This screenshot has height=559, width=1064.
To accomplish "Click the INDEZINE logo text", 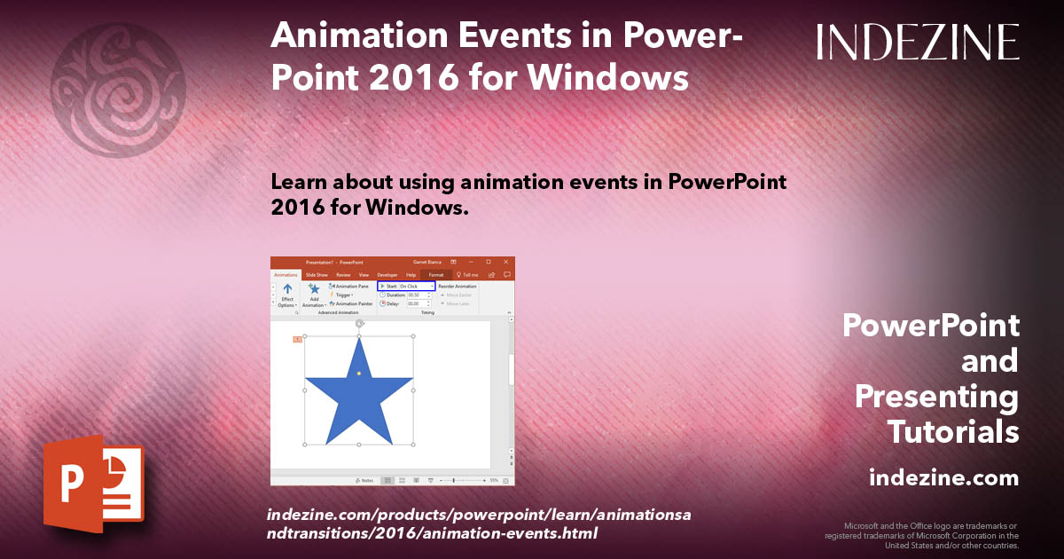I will tap(918, 42).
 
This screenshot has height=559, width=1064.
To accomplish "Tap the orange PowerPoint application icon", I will tap(93, 485).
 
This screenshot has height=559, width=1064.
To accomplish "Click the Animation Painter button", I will tap(350, 303).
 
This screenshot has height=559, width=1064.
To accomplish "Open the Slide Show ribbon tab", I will tap(317, 275).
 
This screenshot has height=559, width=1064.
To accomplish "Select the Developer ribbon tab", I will tap(387, 275).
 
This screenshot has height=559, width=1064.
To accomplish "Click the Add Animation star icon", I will tap(314, 288).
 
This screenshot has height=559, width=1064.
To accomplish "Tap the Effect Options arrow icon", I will tap(287, 288).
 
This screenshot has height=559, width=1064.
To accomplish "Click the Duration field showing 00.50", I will tap(415, 295).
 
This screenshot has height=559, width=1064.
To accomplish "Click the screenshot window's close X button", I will tap(505, 263).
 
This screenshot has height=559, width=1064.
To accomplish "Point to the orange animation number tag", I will tap(297, 339).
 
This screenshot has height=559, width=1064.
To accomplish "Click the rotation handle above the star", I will tap(359, 324).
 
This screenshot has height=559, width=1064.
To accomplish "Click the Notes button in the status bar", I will tap(364, 480).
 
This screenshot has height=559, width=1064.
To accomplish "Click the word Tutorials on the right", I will tap(953, 432).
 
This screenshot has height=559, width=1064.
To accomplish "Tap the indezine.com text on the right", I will tap(943, 478).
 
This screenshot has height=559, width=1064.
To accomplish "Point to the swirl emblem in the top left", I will tap(118, 89).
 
